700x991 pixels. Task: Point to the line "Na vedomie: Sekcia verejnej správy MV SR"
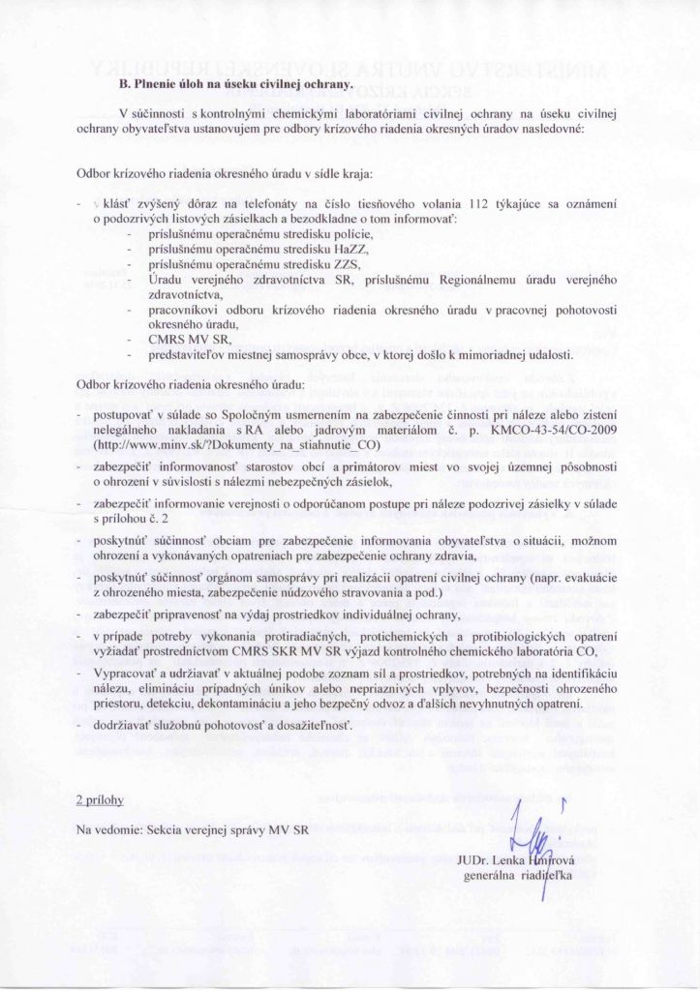[192, 830]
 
